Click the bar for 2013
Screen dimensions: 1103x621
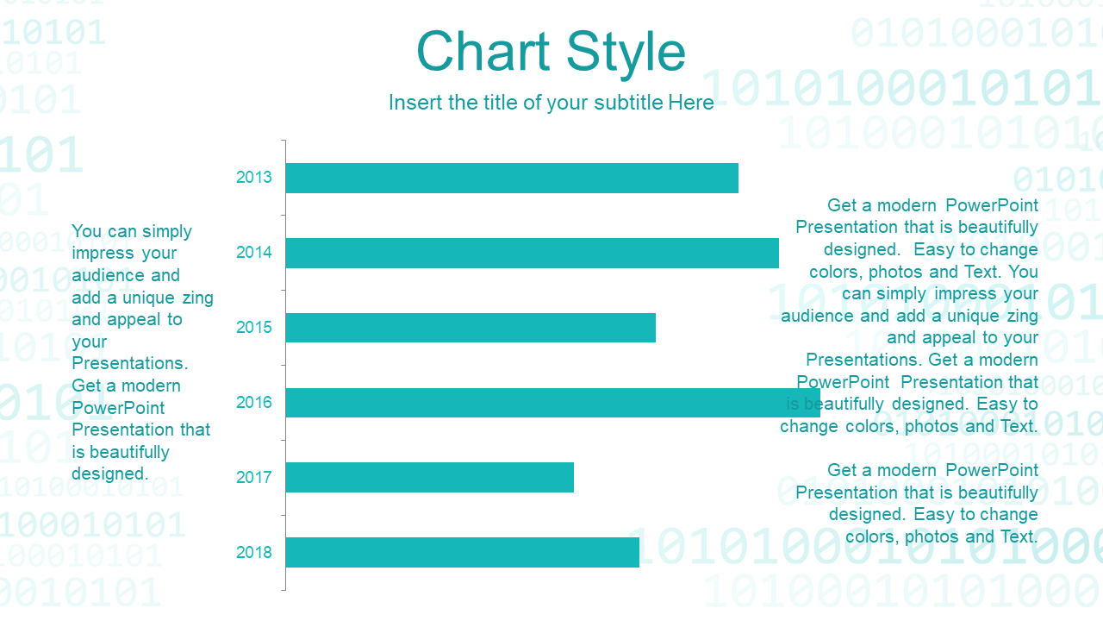point(512,178)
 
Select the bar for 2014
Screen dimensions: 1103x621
point(532,253)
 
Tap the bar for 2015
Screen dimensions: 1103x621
point(470,328)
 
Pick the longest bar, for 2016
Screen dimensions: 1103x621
point(552,403)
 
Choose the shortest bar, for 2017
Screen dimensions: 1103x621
point(429,477)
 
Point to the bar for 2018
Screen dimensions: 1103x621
point(463,552)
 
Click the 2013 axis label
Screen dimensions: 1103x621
point(253,178)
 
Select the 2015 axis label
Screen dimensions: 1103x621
point(253,327)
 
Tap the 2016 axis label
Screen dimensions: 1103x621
point(253,402)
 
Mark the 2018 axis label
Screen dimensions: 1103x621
point(253,552)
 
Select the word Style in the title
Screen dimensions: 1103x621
point(626,54)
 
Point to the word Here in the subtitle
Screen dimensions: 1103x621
point(691,103)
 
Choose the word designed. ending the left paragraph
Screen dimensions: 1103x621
point(109,474)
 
